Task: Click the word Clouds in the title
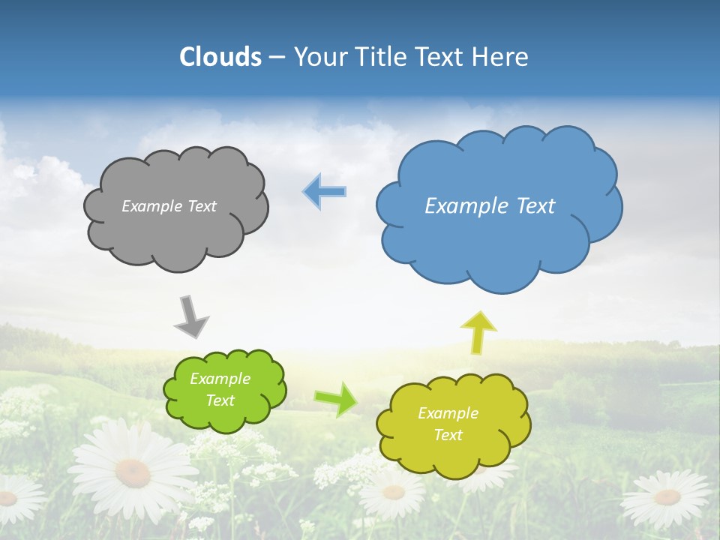[x=220, y=57]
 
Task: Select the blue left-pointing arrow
[x=324, y=191]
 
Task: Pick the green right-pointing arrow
[x=335, y=398]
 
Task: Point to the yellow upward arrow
[x=478, y=332]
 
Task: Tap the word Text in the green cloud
[x=220, y=400]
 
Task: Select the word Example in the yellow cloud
[x=448, y=413]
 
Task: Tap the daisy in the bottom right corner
[x=667, y=496]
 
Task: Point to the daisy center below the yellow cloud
[x=393, y=492]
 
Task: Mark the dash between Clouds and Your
[x=277, y=58]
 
